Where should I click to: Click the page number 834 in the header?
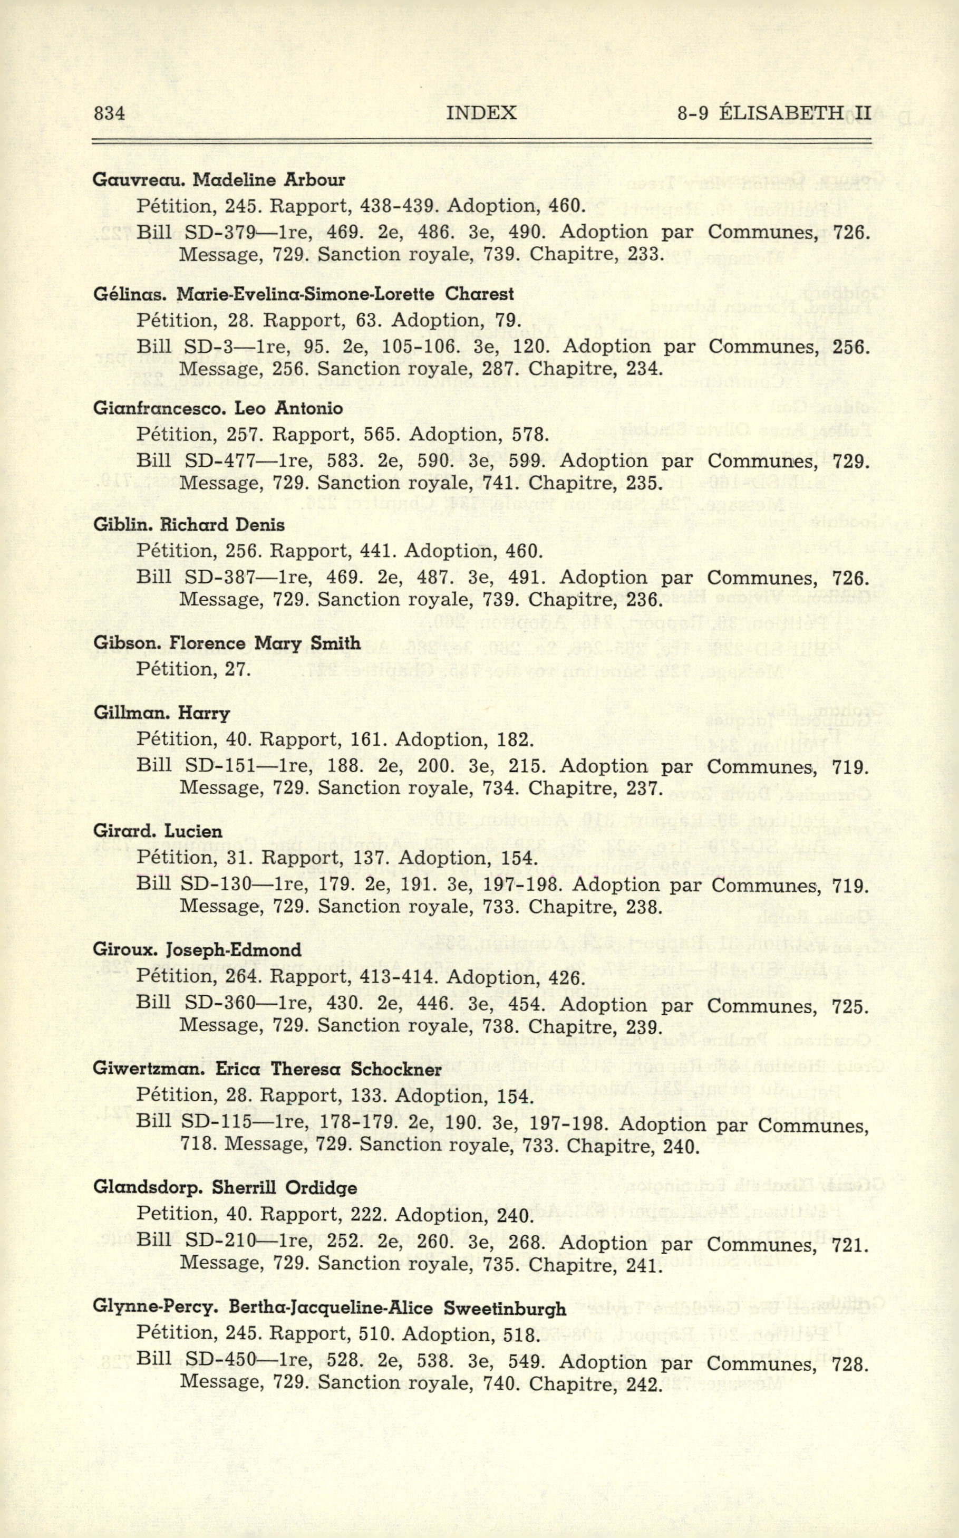tap(109, 113)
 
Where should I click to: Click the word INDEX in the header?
tap(481, 113)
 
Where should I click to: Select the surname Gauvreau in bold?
tap(138, 180)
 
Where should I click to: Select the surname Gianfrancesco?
tap(159, 409)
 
